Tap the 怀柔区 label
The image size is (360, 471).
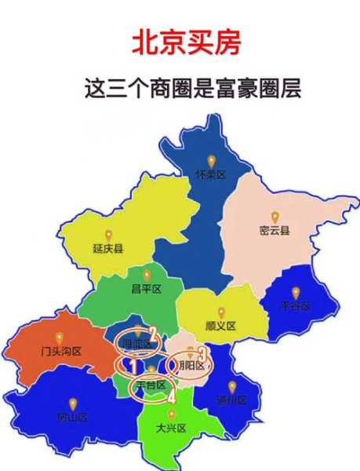tap(210, 174)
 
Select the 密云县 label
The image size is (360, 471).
tap(275, 230)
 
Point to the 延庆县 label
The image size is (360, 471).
tap(108, 249)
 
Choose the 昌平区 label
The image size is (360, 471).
tap(146, 289)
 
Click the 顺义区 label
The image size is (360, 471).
tap(220, 326)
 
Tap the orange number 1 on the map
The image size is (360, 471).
tap(134, 366)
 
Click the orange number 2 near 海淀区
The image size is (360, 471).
tap(154, 331)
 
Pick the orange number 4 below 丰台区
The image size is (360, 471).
tap(171, 396)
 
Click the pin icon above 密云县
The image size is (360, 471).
tap(275, 216)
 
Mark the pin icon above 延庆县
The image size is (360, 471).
tap(108, 235)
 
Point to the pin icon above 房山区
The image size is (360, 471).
tap(72, 403)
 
